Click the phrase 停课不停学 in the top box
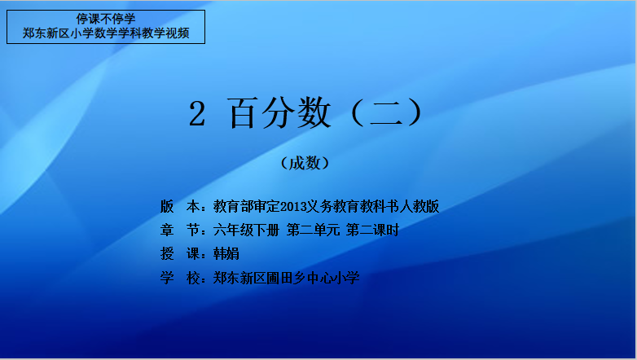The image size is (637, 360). (106, 19)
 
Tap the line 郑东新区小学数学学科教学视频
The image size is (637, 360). (106, 33)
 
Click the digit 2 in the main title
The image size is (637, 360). (197, 114)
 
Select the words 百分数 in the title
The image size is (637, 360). (279, 113)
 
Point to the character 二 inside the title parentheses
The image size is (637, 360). (385, 113)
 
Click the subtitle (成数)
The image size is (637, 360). (305, 164)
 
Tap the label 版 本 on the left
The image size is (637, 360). (179, 206)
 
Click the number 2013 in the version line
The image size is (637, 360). (292, 207)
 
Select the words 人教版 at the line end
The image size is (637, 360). (420, 206)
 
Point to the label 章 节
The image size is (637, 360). (179, 230)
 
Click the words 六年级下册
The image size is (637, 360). (246, 230)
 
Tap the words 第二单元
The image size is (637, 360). (313, 230)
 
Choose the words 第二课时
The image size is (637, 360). (372, 230)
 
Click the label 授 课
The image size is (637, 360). (179, 254)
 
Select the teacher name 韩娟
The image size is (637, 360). (226, 254)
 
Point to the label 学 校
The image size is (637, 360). (179, 278)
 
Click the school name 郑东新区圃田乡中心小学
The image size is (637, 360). (287, 278)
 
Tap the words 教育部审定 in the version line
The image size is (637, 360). (247, 206)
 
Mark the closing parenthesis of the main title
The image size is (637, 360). (415, 113)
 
